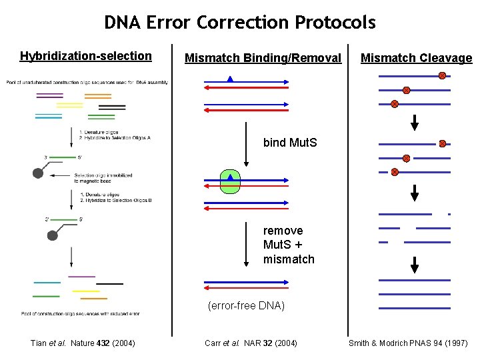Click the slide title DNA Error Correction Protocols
coord(240,23)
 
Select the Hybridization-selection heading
coord(86,56)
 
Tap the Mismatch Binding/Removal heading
coord(263,58)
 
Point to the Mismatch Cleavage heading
coord(416,58)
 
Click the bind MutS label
coord(290,143)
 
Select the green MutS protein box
coord(230,180)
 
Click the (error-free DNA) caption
coord(246,306)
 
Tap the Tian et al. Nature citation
coord(83,343)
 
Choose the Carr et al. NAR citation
coord(251,343)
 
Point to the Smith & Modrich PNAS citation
coord(408,343)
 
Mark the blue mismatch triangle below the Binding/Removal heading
coord(230,80)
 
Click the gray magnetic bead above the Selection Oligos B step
coord(39,173)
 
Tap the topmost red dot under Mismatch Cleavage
coord(442,76)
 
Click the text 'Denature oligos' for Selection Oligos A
coord(101,131)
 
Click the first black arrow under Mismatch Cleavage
coord(415,123)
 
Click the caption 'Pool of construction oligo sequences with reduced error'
coord(80,313)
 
